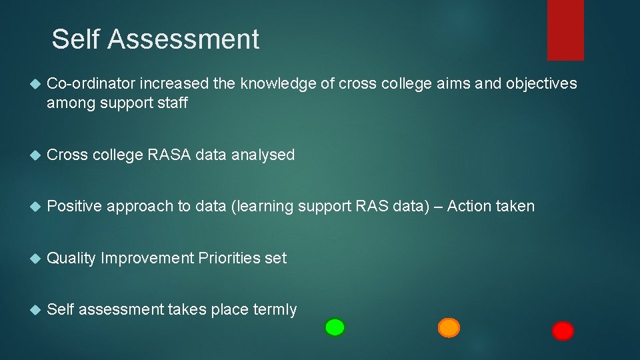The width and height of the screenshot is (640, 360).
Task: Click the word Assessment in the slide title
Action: tap(183, 39)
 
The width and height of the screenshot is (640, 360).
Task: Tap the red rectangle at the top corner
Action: tap(565, 29)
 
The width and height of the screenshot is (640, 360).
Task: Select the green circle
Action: tap(335, 327)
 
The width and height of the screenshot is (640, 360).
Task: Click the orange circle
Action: tap(449, 328)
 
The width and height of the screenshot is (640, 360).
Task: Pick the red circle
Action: tap(563, 331)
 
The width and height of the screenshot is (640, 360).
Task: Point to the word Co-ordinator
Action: tap(91, 83)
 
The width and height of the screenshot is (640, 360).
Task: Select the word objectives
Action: tap(541, 83)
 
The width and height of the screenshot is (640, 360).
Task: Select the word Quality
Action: tap(71, 258)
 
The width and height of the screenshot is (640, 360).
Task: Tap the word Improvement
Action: tap(147, 258)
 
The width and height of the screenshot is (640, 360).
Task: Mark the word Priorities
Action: tap(229, 258)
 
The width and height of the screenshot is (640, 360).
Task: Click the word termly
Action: tap(273, 309)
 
